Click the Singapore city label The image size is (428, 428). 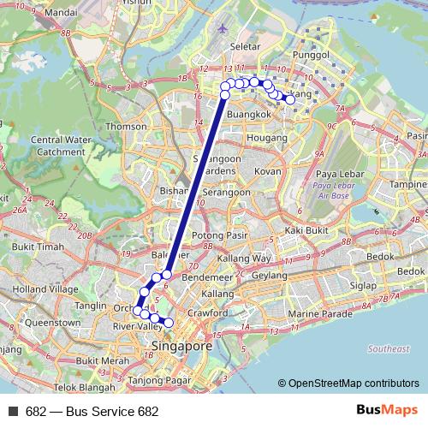180,347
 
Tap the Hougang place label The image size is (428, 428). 266,137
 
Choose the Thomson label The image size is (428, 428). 126,127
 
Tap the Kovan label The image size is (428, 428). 268,171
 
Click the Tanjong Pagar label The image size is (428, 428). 158,381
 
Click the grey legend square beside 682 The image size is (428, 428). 13,411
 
